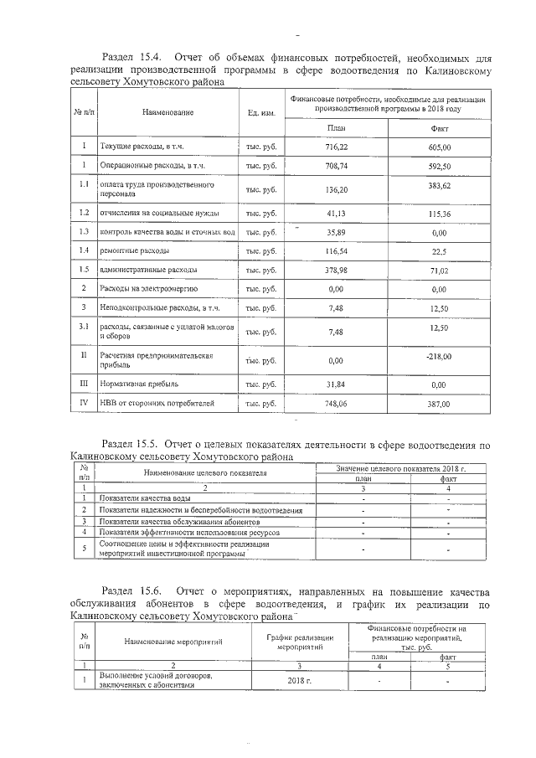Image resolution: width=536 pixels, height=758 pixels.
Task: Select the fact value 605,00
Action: pyautogui.click(x=441, y=146)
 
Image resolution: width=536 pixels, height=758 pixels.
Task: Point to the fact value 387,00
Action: pyautogui.click(x=441, y=404)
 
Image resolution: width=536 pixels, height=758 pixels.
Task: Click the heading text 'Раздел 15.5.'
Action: pyautogui.click(x=130, y=443)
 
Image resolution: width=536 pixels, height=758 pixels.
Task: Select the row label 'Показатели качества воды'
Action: pyautogui.click(x=147, y=498)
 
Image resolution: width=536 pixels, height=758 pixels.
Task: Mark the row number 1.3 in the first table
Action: pyautogui.click(x=84, y=231)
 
